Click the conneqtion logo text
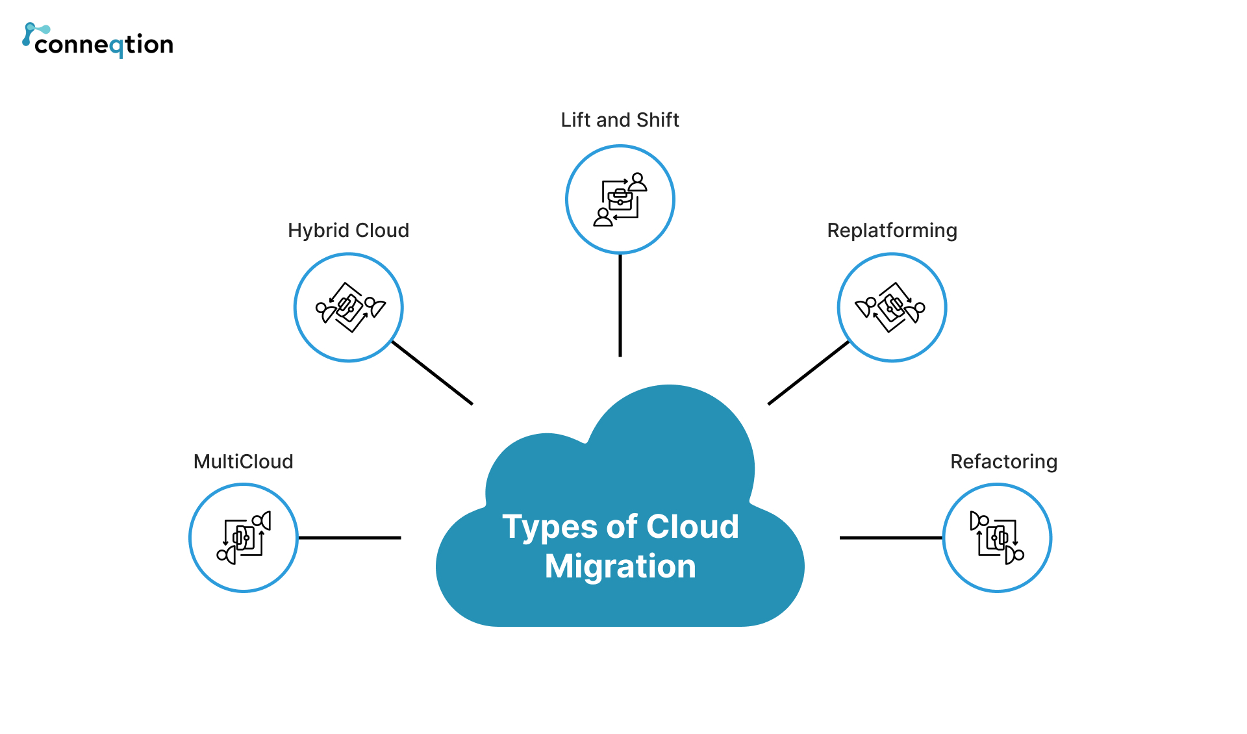coord(104,44)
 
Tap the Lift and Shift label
coord(620,120)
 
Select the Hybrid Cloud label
coord(348,231)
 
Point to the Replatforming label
coord(892,231)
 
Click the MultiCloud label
coord(243,462)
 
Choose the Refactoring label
coord(1003,462)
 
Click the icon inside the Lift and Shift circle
coord(620,199)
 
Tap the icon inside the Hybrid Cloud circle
coord(349,307)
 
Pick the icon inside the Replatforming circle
coord(891,307)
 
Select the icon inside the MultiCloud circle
coord(244,538)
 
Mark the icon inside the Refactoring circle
coord(997,538)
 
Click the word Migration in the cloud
coord(620,566)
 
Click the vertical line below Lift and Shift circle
coord(620,305)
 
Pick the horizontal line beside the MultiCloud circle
coord(349,538)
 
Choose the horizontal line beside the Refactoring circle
coord(890,538)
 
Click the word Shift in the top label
coord(658,120)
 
